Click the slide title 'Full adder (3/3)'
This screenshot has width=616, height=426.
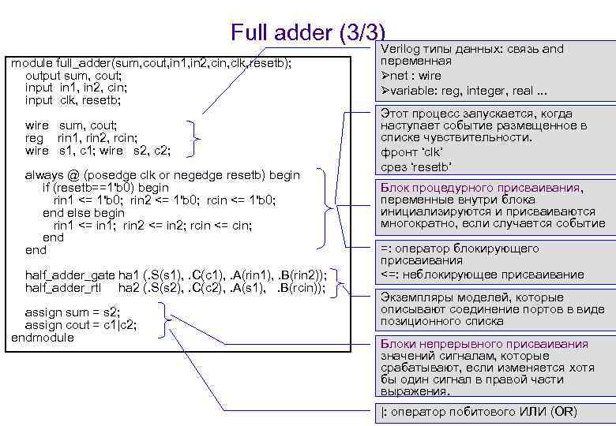point(308,32)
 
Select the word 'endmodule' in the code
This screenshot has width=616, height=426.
point(42,338)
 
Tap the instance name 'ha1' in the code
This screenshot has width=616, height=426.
point(128,275)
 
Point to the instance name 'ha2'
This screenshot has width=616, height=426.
point(128,288)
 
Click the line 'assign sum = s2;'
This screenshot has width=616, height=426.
point(70,312)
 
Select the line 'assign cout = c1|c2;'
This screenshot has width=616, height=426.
point(80,325)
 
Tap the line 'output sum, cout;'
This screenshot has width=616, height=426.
point(73,75)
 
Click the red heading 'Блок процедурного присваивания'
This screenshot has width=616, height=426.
point(481,188)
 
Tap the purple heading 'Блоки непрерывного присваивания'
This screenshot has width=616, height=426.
point(484,344)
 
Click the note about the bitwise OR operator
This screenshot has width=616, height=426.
point(479,412)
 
